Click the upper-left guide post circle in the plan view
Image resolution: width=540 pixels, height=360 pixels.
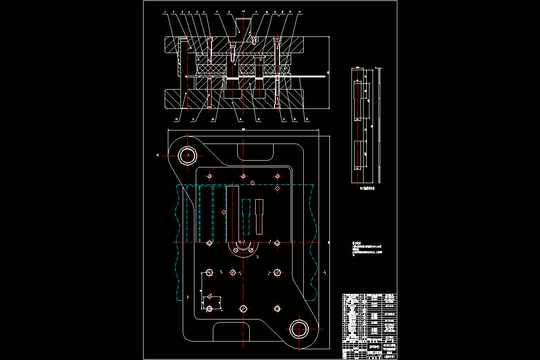(x=188, y=155)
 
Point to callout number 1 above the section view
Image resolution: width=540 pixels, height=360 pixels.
(x=165, y=12)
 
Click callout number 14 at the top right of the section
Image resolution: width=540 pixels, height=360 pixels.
(x=300, y=12)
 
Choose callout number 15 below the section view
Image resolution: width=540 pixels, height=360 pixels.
(x=307, y=120)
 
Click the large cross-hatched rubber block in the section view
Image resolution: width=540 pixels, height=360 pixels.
(x=211, y=69)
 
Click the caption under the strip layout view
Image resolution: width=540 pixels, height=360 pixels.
(x=367, y=189)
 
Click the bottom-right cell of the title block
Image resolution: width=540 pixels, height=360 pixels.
(x=390, y=355)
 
